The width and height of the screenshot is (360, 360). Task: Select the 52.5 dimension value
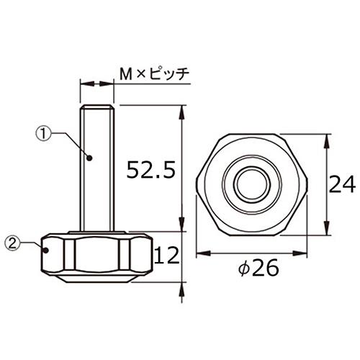150,170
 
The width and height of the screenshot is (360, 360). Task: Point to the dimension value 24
343,186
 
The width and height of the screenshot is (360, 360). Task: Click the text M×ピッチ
153,73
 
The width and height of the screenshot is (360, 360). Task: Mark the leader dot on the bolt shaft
90,157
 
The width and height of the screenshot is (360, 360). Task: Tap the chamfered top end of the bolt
96,108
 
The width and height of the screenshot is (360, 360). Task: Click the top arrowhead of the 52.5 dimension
181,109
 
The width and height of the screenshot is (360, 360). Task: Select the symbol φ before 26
243,269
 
